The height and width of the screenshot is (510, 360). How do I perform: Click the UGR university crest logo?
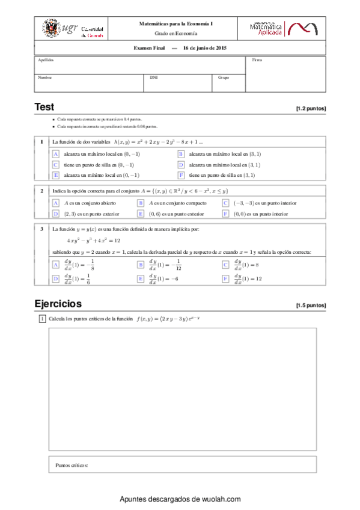point(51,28)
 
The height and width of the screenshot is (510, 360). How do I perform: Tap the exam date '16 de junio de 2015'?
point(205,48)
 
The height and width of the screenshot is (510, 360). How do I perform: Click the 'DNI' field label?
point(153,77)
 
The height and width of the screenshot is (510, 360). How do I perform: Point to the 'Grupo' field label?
point(224,77)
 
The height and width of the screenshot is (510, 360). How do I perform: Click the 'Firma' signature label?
point(257,60)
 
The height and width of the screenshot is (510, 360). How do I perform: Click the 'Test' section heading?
point(44,107)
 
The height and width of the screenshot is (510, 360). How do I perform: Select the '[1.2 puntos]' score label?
point(311,109)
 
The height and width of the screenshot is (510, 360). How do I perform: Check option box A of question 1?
point(56,154)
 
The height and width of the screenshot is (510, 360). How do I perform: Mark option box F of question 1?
point(180,175)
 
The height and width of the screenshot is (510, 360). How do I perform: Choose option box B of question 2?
point(141,203)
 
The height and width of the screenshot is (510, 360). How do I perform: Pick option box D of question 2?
point(56,214)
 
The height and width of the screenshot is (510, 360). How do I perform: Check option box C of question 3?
point(225,265)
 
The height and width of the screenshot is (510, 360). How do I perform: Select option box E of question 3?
point(141,278)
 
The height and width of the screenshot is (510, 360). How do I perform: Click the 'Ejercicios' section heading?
point(58,303)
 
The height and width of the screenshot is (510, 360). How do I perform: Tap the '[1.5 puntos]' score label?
point(311,306)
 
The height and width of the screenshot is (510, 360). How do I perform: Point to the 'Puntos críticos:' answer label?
point(72,465)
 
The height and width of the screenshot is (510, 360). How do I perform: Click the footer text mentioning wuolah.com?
point(180,499)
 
